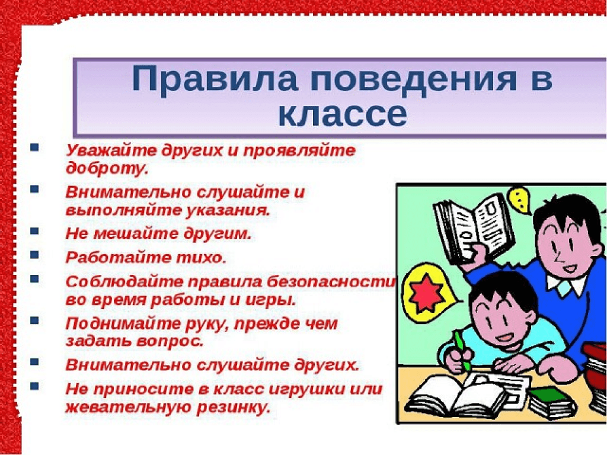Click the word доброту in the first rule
[107, 168]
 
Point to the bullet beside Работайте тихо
[35, 255]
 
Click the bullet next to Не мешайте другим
[35, 231]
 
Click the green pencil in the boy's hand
[462, 351]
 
